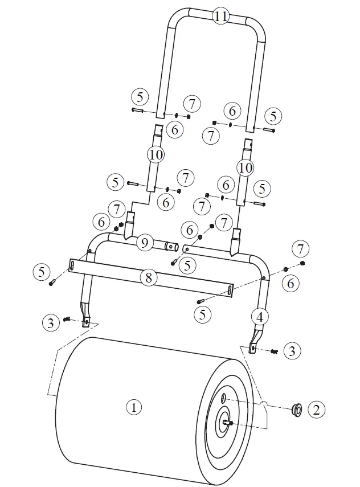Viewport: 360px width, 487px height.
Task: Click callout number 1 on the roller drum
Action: coord(134,407)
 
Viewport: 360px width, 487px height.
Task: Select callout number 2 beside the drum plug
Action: coord(317,408)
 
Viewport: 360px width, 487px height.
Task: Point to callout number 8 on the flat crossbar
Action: coord(148,279)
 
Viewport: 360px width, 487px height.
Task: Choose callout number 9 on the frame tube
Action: coord(145,243)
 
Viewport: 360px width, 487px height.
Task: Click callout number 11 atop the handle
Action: coord(220,16)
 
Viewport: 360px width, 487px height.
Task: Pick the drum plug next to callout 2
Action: coord(297,408)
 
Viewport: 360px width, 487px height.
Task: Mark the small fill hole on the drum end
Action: coord(223,396)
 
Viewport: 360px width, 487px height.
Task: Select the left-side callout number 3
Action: coord(51,322)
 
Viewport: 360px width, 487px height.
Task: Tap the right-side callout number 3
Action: coord(292,350)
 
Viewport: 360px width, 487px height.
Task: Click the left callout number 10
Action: coord(156,154)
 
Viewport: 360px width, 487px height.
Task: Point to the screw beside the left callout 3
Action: coord(67,319)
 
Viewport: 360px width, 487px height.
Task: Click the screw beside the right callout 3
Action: coord(274,351)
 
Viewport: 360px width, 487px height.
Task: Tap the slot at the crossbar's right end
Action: coord(228,291)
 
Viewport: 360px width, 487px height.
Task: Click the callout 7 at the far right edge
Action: coord(302,249)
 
